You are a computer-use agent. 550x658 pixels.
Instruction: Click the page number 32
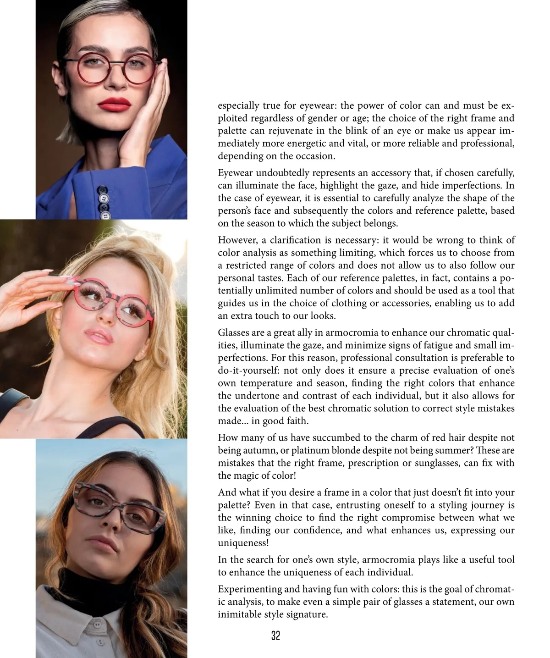(275, 636)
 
